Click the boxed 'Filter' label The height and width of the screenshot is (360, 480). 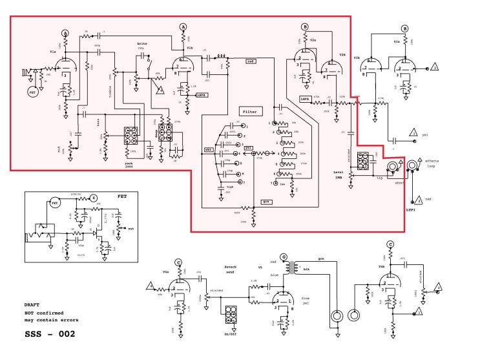pyautogui.click(x=249, y=112)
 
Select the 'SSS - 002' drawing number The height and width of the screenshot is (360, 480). pyautogui.click(x=50, y=334)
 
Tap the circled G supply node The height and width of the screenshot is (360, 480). pyautogui.click(x=283, y=257)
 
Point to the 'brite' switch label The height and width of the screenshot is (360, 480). pyautogui.click(x=141, y=43)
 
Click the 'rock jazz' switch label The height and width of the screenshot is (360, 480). pyautogui.click(x=133, y=165)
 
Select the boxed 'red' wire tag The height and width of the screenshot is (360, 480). pyautogui.click(x=251, y=61)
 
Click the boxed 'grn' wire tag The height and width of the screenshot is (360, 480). pyautogui.click(x=265, y=202)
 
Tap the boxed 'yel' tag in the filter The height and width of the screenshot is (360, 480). pyautogui.click(x=248, y=147)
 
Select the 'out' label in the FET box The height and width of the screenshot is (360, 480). pyautogui.click(x=130, y=229)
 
